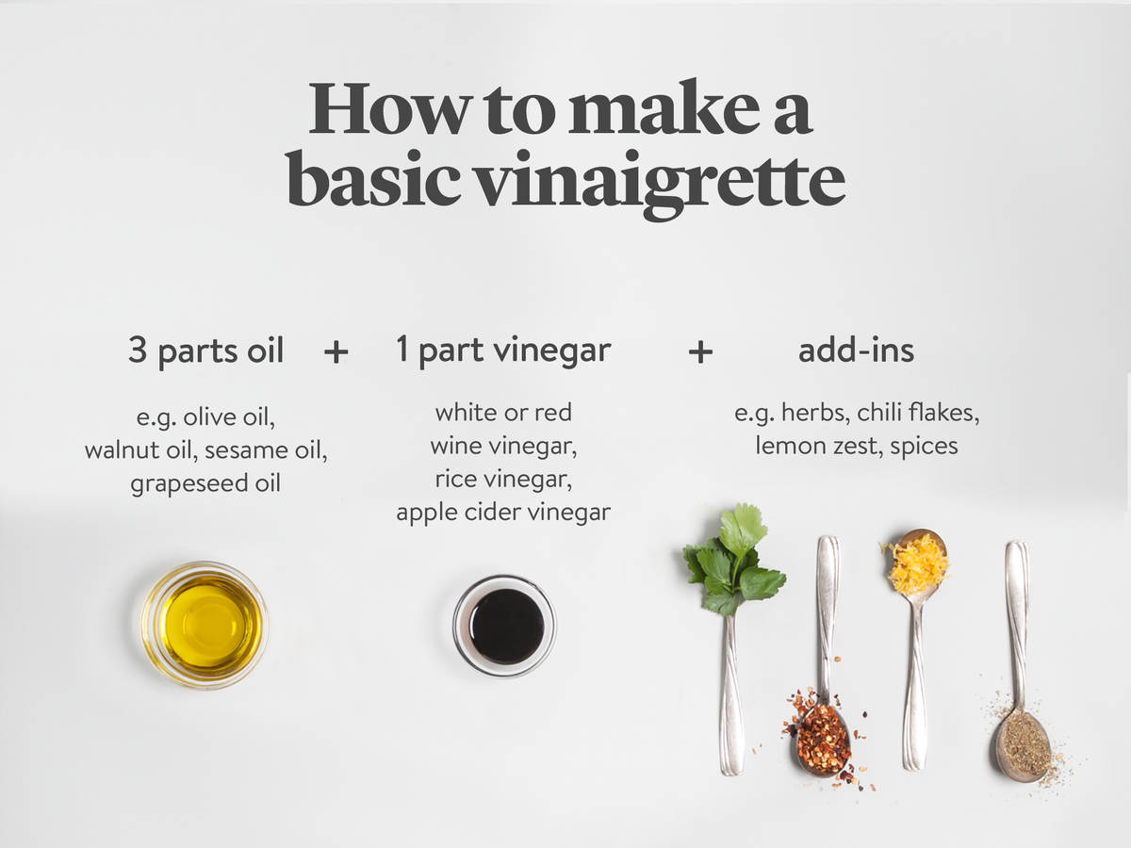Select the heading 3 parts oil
pyautogui.click(x=205, y=351)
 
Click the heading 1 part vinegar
pyautogui.click(x=502, y=351)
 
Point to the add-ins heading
pyautogui.click(x=856, y=351)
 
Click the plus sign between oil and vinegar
pyautogui.click(x=336, y=352)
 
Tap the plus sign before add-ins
pyautogui.click(x=699, y=352)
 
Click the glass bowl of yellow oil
pyautogui.click(x=205, y=625)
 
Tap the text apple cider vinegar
pyautogui.click(x=502, y=513)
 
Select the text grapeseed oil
pyautogui.click(x=205, y=484)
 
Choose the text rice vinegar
pyautogui.click(x=502, y=479)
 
